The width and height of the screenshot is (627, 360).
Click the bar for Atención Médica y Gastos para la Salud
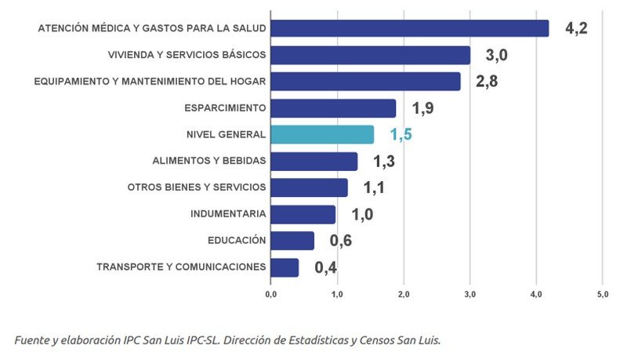point(409,28)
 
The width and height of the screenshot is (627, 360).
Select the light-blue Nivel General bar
point(322,134)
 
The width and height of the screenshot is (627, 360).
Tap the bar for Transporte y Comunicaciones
point(285,267)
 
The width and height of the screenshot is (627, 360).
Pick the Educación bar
point(292,240)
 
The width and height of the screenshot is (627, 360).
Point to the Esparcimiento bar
point(333,107)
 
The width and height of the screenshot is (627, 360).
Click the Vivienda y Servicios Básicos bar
point(370,55)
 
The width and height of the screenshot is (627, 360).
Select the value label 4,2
point(576,29)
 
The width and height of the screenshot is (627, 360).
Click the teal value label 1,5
point(400,135)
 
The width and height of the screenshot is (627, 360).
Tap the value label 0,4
point(326,267)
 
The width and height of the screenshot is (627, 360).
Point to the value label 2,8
point(486,82)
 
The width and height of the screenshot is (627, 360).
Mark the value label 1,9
point(423,108)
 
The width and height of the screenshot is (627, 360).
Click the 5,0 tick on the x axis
point(602,294)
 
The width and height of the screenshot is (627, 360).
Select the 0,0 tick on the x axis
point(270,294)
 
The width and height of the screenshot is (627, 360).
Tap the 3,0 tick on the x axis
point(469,294)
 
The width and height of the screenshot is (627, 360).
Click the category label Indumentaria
point(228,213)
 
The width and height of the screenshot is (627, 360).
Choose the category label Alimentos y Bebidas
point(209,161)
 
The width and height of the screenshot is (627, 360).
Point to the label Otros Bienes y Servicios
point(197,187)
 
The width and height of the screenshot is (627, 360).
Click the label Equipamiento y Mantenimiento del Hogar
point(150,81)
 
